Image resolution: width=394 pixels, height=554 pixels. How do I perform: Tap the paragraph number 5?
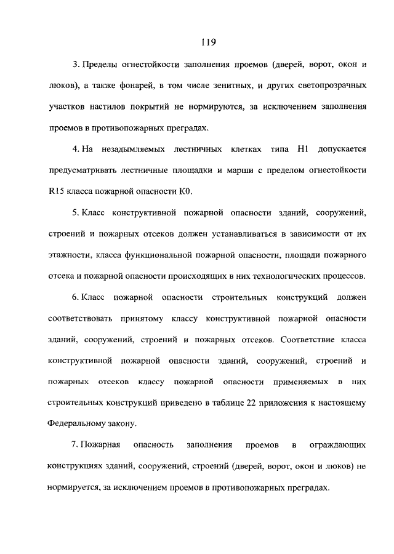tap(74, 212)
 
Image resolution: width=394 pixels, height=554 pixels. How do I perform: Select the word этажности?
tap(67, 255)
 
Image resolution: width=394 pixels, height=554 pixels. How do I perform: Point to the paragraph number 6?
tap(74, 297)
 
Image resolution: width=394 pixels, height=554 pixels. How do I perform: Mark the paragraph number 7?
tap(74, 446)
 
